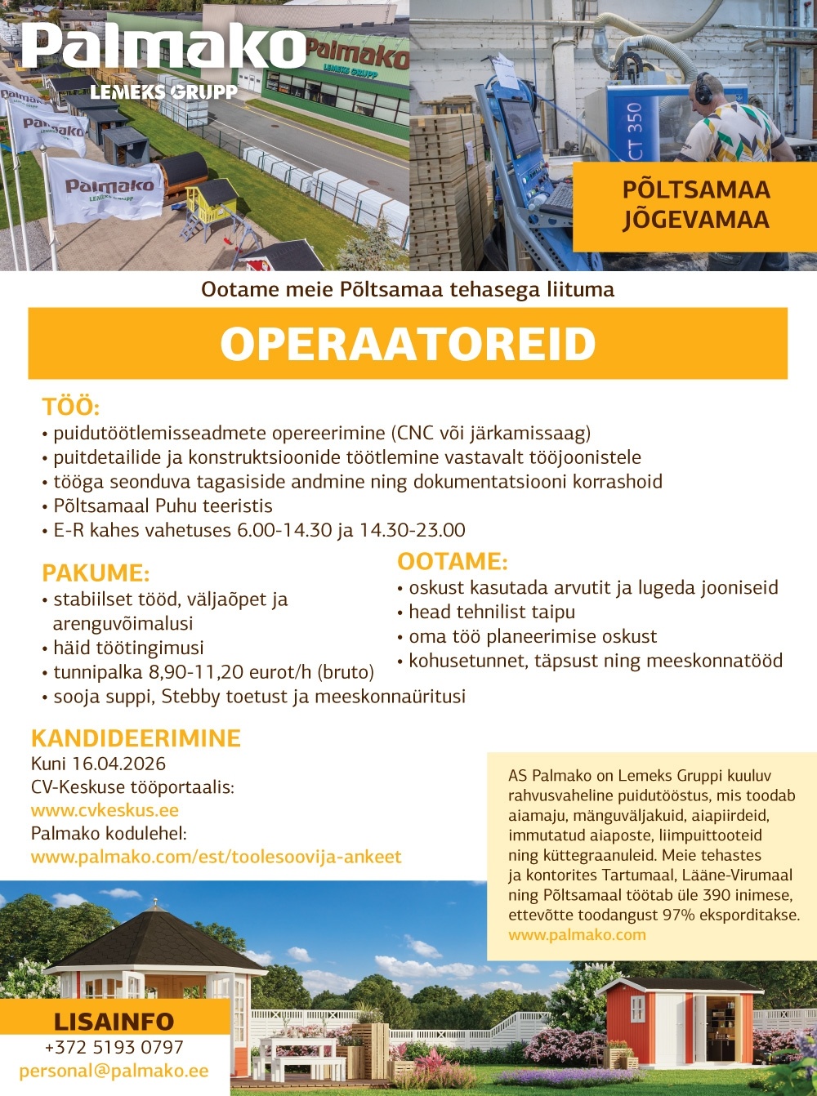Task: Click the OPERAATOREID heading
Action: [x=408, y=344]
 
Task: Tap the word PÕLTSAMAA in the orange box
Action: [x=695, y=189]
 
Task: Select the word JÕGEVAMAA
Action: [x=695, y=220]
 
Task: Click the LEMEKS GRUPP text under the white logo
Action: [x=163, y=92]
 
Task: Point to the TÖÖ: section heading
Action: [x=70, y=407]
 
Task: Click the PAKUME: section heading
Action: [x=96, y=573]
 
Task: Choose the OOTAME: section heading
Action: [x=452, y=562]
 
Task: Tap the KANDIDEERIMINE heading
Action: [x=136, y=738]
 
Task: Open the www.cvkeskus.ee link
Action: [x=105, y=810]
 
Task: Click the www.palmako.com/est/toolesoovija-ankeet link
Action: [x=216, y=857]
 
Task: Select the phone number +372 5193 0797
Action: [x=114, y=1047]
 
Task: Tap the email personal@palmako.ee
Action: [x=114, y=1071]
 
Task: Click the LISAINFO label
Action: [x=114, y=1022]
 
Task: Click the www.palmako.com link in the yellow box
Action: [x=577, y=934]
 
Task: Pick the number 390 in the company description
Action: [x=717, y=895]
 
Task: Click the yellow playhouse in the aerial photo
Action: [x=211, y=201]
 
